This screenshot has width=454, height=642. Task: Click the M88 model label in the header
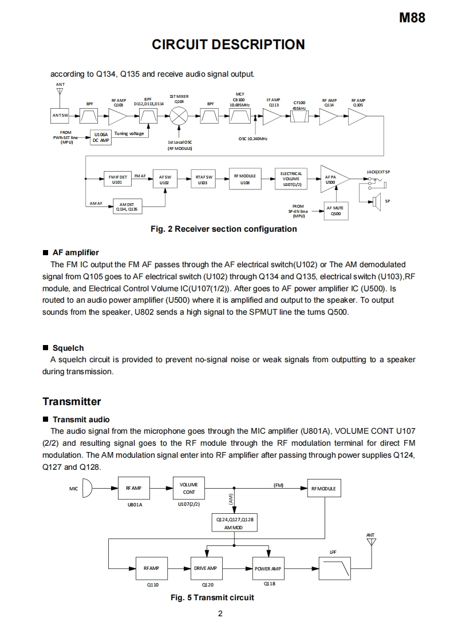coord(412,18)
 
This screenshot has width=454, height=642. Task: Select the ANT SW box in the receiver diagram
coord(60,115)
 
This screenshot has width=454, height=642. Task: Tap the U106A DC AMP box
coord(101,137)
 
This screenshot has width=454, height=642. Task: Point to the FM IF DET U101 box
coord(117,179)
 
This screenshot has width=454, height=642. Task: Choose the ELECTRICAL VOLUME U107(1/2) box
coord(291,179)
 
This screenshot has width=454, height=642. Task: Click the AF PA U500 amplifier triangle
coord(332,179)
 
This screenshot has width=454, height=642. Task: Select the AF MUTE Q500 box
coord(336,211)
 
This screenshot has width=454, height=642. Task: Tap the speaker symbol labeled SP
coord(376,200)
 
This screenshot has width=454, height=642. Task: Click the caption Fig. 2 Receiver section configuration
coord(223,229)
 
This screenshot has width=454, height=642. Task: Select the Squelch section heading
coord(68,348)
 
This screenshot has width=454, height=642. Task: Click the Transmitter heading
coord(72,401)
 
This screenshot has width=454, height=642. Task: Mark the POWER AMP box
coord(267,569)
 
